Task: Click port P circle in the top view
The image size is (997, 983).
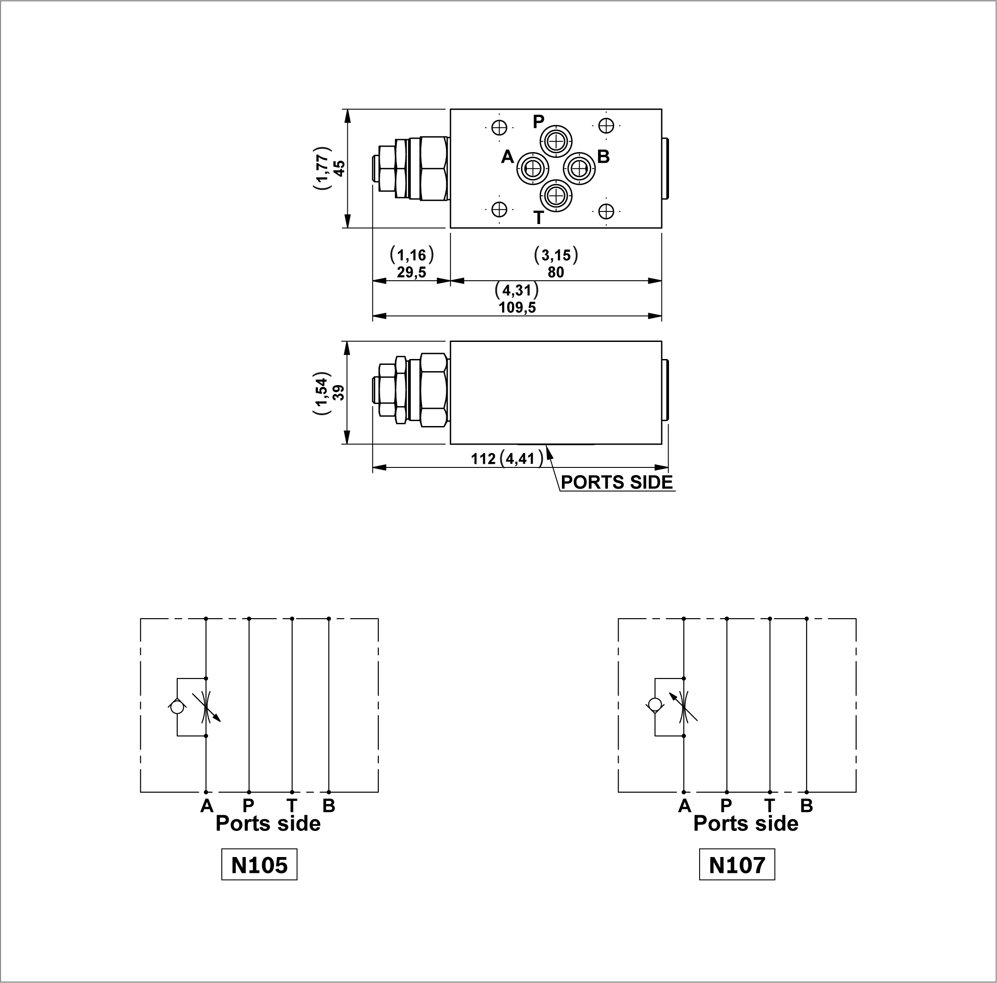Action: pos(555,140)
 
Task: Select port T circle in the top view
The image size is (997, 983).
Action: pos(555,196)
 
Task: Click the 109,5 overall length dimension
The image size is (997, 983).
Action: pos(517,308)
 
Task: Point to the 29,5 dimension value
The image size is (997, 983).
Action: pos(411,272)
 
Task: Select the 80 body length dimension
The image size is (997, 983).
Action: pos(555,272)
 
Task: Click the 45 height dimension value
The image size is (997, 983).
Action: pos(339,168)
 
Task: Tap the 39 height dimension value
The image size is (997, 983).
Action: pos(339,393)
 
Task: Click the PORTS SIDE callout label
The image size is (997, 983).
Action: pos(617,482)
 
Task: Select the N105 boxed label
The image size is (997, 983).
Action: pos(259,864)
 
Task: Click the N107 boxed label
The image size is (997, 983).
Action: pos(737,864)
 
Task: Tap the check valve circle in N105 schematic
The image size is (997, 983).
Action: pos(177,707)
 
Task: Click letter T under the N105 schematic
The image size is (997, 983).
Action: pos(292,805)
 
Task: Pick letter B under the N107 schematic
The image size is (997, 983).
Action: pos(806,805)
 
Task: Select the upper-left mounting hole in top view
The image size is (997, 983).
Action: pos(499,127)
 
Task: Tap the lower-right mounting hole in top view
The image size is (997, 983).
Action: pos(606,211)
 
